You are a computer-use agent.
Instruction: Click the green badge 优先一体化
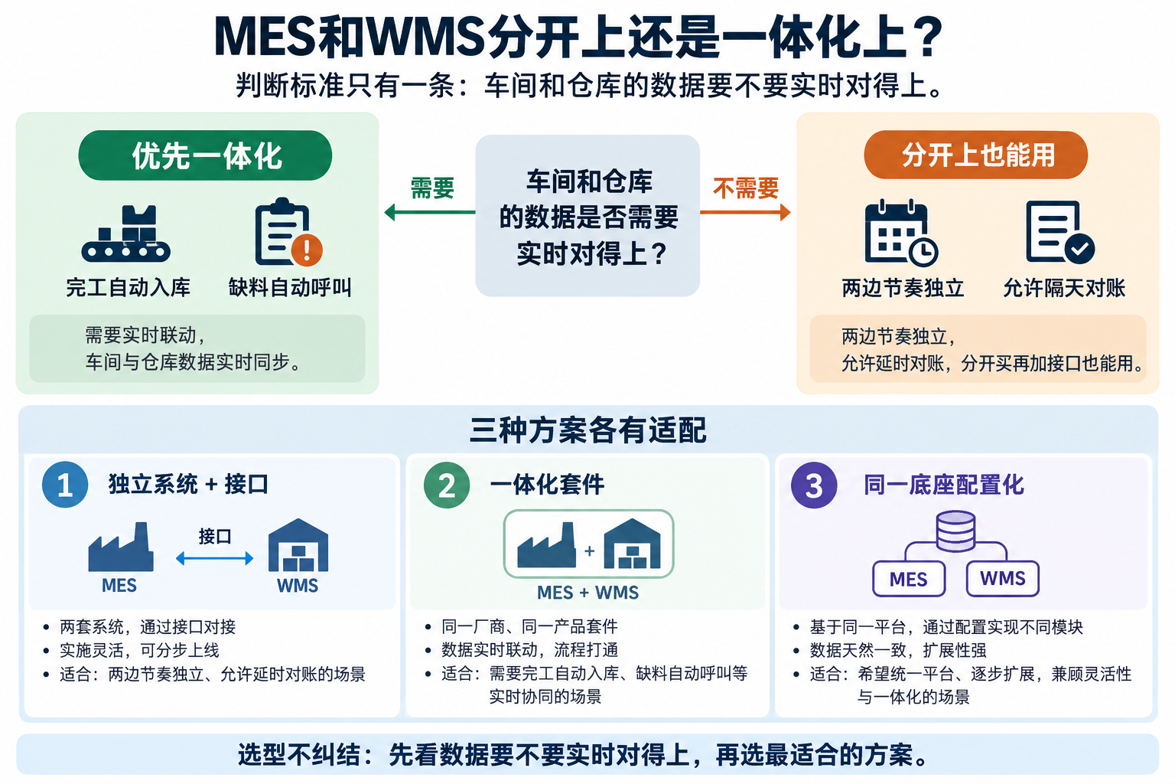(x=205, y=155)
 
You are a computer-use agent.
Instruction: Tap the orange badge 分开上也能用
(x=975, y=155)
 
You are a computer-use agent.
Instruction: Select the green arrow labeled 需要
(x=430, y=212)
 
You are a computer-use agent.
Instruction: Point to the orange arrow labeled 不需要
(x=745, y=212)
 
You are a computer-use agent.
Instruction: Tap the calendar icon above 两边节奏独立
(x=900, y=233)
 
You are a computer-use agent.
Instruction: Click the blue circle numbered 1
(x=65, y=484)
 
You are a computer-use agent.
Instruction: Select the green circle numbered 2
(x=447, y=485)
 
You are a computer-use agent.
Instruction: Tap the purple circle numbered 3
(x=814, y=485)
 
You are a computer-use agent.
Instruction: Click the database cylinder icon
(x=955, y=531)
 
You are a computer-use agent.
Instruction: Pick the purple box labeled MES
(x=909, y=579)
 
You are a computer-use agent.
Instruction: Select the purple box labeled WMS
(x=1002, y=579)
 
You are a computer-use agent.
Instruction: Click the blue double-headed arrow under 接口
(x=214, y=558)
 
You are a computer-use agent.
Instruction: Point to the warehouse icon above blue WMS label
(x=298, y=545)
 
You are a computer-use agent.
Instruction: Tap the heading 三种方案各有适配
(x=588, y=430)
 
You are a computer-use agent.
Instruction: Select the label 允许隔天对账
(x=1064, y=288)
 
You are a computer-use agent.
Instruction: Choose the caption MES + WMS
(x=588, y=593)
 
